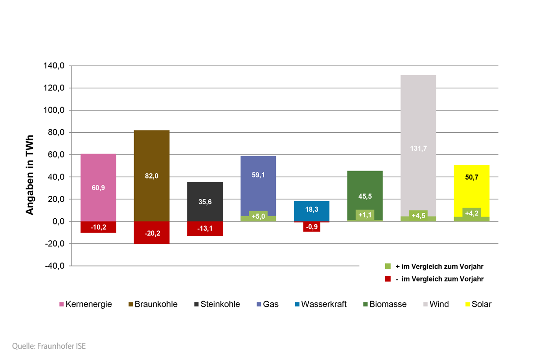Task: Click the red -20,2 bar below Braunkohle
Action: tap(152, 233)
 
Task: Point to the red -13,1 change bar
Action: tap(205, 229)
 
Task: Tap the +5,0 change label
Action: tap(258, 216)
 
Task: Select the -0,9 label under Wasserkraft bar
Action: tap(311, 227)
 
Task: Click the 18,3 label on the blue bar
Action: tap(311, 210)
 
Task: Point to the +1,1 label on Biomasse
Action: tap(364, 215)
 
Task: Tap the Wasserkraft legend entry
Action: tap(320, 304)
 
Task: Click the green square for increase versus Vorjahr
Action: tap(388, 266)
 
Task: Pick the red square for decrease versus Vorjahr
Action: tap(388, 279)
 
